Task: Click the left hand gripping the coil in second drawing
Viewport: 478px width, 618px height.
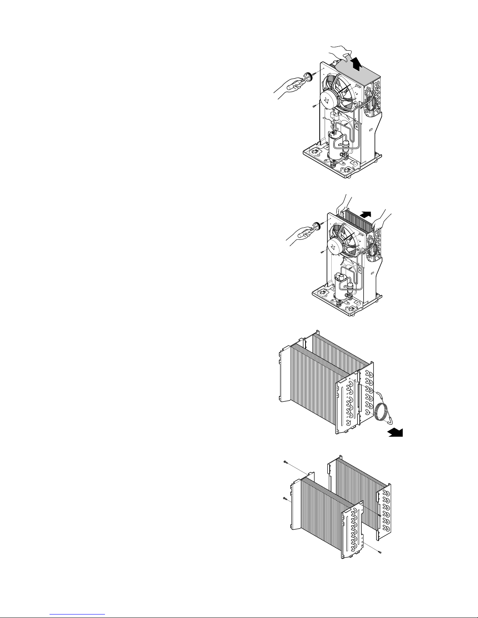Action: click(343, 205)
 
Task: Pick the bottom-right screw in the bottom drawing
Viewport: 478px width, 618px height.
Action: click(380, 552)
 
